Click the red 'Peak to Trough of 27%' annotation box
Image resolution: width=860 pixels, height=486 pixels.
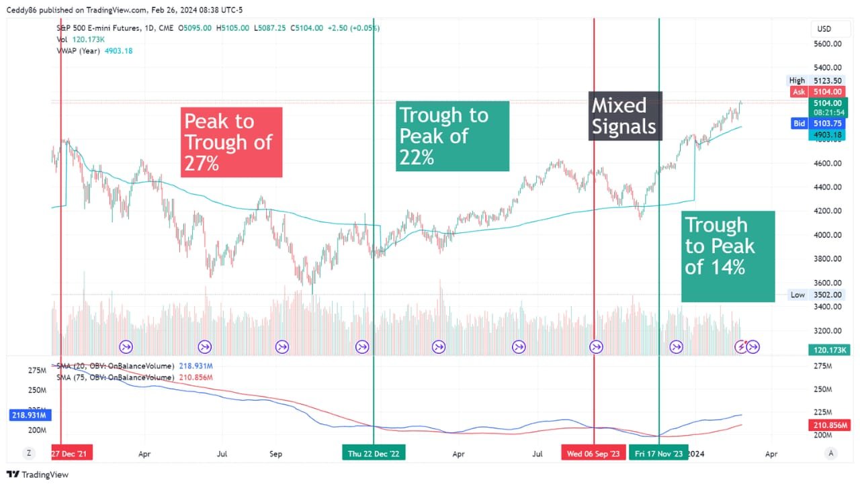tap(232, 142)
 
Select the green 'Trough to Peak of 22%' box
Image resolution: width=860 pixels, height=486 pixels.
tap(452, 136)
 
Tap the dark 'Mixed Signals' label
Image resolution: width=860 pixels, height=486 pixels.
tap(625, 116)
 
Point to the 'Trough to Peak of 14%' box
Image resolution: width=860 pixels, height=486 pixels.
tap(728, 256)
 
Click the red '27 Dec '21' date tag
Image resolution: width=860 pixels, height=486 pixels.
tap(72, 454)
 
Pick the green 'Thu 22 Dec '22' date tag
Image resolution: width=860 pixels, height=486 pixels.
tap(374, 454)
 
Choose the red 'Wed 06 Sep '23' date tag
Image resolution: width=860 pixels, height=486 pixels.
tap(593, 454)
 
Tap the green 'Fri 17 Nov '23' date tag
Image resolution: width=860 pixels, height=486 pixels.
tap(658, 454)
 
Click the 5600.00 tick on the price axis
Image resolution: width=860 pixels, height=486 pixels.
tap(828, 44)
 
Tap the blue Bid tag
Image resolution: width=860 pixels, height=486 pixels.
tap(799, 124)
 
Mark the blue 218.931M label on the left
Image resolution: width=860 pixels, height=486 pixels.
tap(28, 416)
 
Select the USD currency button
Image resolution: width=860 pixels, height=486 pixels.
tap(824, 29)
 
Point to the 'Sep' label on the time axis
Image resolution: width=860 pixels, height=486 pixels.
tap(275, 454)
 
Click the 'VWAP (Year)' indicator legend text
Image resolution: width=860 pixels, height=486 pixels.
tap(79, 51)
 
